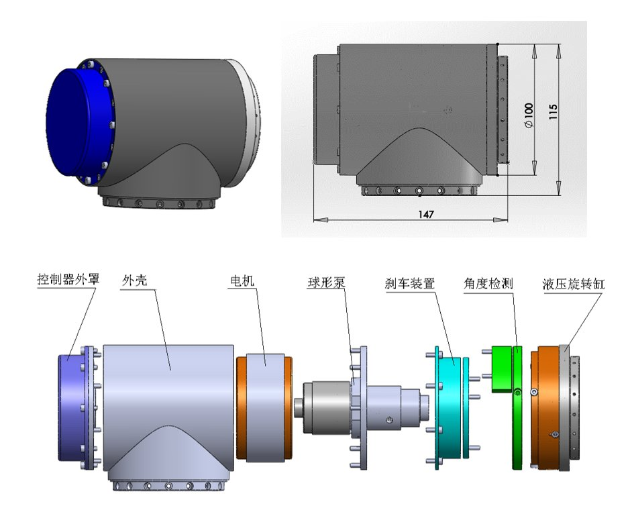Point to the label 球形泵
(x=327, y=283)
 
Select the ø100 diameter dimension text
(x=529, y=115)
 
